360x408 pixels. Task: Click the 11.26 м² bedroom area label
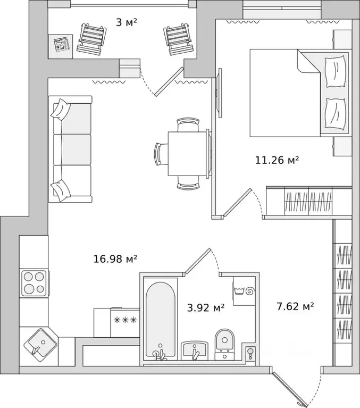tap(277, 160)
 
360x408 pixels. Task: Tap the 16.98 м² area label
tap(115, 259)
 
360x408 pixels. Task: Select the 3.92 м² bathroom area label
tap(206, 307)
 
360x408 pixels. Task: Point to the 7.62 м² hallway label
tap(295, 306)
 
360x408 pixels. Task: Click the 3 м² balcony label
tap(127, 22)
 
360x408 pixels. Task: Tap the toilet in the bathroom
tap(225, 344)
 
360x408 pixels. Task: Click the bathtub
tap(160, 321)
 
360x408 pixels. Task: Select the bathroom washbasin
tap(195, 351)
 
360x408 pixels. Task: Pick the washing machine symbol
tap(244, 290)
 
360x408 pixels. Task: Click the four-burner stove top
tap(34, 283)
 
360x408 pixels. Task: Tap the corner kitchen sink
tap(40, 345)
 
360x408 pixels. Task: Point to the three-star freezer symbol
tap(125, 320)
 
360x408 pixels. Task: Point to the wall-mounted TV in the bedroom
tap(220, 93)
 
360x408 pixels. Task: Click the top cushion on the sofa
tap(61, 109)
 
